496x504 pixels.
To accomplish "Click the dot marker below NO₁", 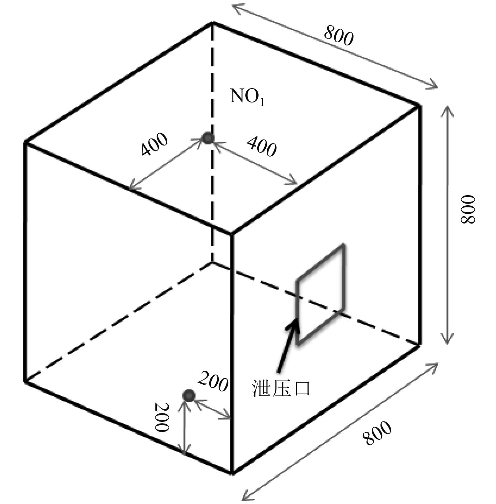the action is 208,138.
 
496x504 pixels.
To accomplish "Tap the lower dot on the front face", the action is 189,396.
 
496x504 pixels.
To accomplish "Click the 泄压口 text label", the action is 281,389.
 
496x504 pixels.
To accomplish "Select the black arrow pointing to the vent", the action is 287,345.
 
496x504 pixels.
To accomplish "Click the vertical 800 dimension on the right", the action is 468,209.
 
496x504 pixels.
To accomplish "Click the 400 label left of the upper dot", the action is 154,144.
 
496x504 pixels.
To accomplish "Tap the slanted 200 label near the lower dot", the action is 213,382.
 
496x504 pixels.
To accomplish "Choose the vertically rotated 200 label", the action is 162,418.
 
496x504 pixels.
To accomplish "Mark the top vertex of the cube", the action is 212,22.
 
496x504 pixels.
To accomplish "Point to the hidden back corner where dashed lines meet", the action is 212,262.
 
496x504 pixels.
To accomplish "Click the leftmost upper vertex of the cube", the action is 25,142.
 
